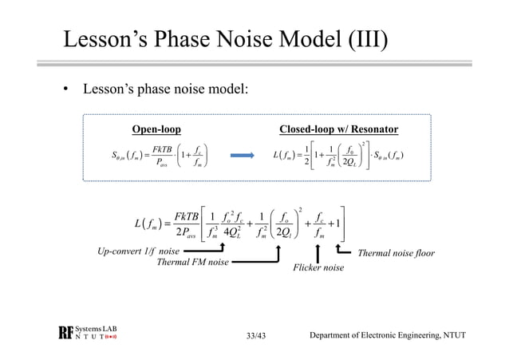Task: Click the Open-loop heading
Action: (156, 129)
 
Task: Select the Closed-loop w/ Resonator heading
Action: (338, 129)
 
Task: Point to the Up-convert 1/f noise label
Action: (138, 252)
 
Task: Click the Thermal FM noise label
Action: (192, 262)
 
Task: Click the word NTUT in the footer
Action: (452, 336)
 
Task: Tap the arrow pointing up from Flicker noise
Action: (318, 251)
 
